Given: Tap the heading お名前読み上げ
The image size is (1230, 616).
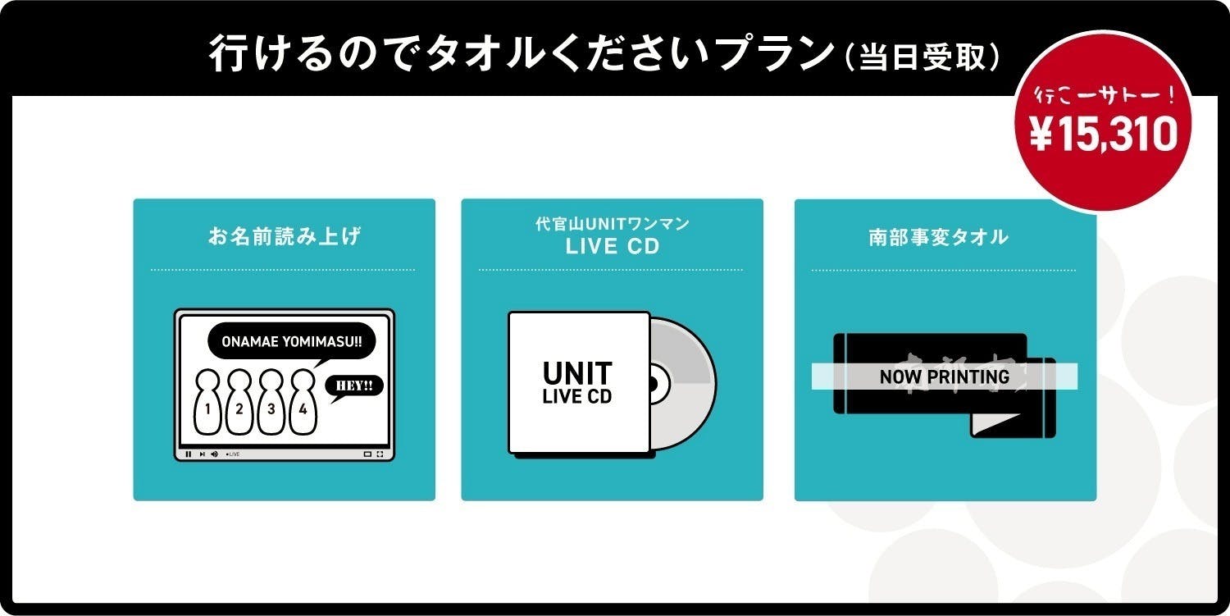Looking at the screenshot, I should coord(284,238).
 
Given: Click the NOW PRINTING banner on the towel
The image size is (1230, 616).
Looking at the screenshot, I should coord(944,376).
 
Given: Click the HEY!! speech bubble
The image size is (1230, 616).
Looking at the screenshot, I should coord(354,386).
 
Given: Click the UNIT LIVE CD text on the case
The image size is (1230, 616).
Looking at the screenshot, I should coord(577,383).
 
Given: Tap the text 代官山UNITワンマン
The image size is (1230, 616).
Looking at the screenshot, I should coord(612,223).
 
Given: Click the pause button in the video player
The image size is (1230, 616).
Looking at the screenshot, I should coord(189,454).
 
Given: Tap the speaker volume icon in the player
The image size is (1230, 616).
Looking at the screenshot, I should coord(214,454).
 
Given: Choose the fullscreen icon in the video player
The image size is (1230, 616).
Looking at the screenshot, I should coord(380,454).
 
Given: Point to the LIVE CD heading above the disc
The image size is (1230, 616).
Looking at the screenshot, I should coord(612,247).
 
